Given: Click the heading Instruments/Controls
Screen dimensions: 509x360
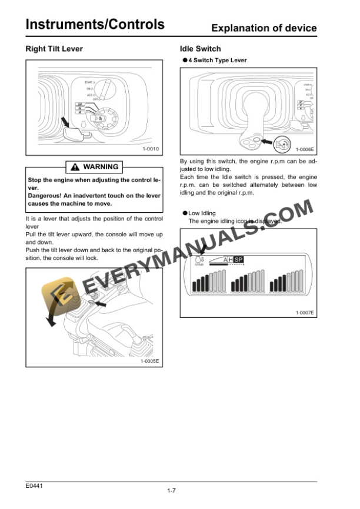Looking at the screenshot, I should pos(95,24).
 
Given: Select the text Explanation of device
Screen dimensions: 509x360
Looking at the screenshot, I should pos(264,28).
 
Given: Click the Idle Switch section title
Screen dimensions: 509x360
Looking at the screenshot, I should pos(201,49).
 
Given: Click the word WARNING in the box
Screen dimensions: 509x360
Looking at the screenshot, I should pos(101,167).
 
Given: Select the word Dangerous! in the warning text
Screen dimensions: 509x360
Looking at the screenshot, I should pos(46,195).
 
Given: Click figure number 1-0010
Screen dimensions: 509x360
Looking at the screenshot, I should pos(150,149).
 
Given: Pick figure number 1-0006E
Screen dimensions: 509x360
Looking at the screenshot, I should pos(304,150).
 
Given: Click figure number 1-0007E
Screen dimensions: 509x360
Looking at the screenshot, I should pos(304,312).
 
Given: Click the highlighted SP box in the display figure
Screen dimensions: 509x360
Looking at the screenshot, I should pos(238,259).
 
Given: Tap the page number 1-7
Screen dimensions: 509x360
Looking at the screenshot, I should pos(172,491).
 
